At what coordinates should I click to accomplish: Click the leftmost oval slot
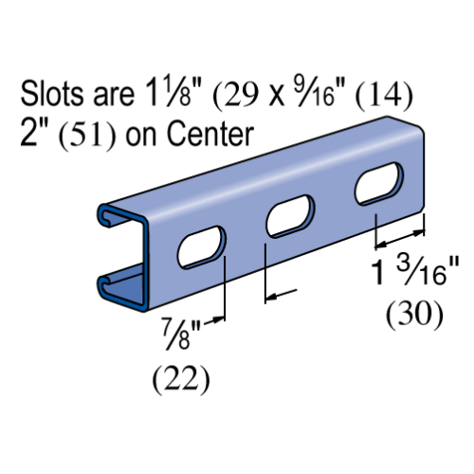(201, 247)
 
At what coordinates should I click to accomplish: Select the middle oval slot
(290, 216)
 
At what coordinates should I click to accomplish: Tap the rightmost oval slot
(378, 183)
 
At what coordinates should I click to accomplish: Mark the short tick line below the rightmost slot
(376, 220)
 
